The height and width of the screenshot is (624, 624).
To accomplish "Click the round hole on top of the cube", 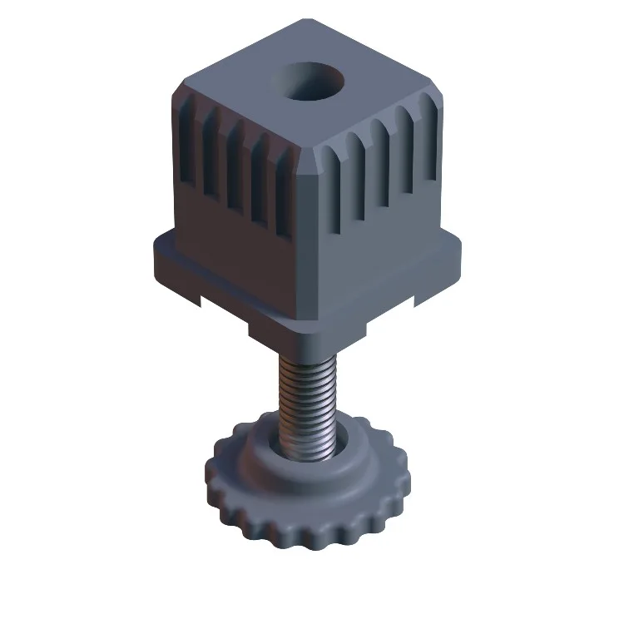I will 309,83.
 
